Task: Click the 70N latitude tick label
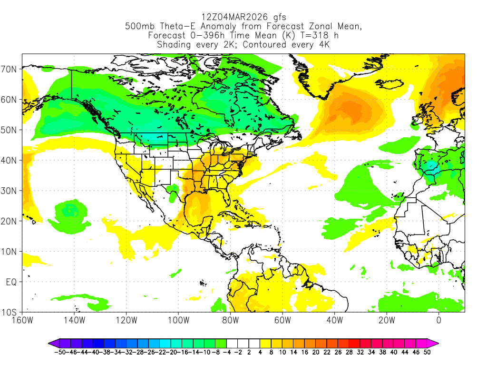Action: [11, 69]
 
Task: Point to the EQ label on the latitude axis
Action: [11, 282]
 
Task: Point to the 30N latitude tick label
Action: [11, 191]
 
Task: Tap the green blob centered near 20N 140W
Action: [70, 215]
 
